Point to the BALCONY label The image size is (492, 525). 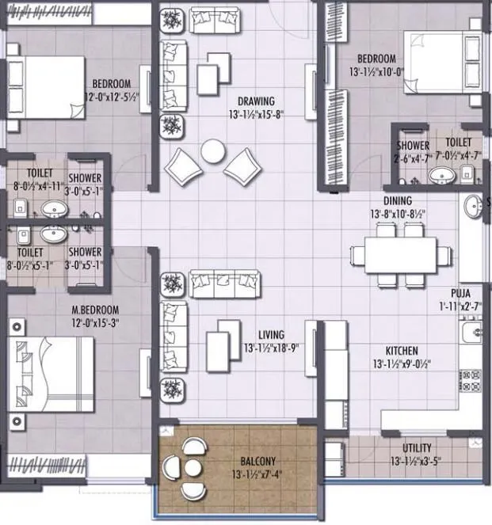(x=258, y=459)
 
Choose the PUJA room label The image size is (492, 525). (x=461, y=291)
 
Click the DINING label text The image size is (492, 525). (x=397, y=201)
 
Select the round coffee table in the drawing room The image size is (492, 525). (x=213, y=150)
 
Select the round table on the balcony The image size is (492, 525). (x=191, y=467)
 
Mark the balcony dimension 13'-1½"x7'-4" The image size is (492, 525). (x=258, y=473)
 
